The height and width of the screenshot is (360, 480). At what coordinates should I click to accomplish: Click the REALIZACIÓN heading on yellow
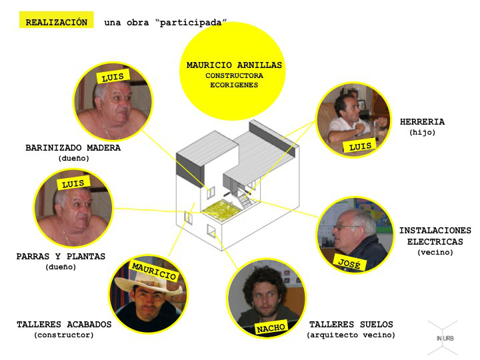tap(56, 23)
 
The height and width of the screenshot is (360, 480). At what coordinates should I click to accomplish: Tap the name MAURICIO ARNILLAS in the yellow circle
tap(234, 65)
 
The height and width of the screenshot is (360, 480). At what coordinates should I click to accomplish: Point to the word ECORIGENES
tap(234, 85)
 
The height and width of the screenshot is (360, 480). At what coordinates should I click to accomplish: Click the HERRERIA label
tap(422, 122)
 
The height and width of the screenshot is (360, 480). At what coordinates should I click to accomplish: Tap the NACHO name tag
tap(271, 327)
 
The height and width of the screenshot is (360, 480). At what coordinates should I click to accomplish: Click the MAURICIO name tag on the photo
tap(154, 271)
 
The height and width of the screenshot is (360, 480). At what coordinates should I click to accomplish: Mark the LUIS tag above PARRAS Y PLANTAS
tap(73, 183)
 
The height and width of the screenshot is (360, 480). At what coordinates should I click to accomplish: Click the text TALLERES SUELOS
tap(351, 325)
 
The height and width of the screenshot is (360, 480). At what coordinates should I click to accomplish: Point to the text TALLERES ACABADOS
tap(64, 325)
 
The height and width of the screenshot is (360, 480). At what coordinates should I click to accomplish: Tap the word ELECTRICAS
tap(435, 241)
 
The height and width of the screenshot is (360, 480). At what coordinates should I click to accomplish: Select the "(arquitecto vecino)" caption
tap(351, 335)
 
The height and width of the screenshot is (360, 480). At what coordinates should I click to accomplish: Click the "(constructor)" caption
tap(64, 335)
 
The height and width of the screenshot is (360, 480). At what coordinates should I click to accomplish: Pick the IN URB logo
tap(443, 337)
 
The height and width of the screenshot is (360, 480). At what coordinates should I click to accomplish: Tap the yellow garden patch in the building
tap(221, 210)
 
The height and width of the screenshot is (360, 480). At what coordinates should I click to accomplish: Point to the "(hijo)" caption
tap(422, 133)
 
